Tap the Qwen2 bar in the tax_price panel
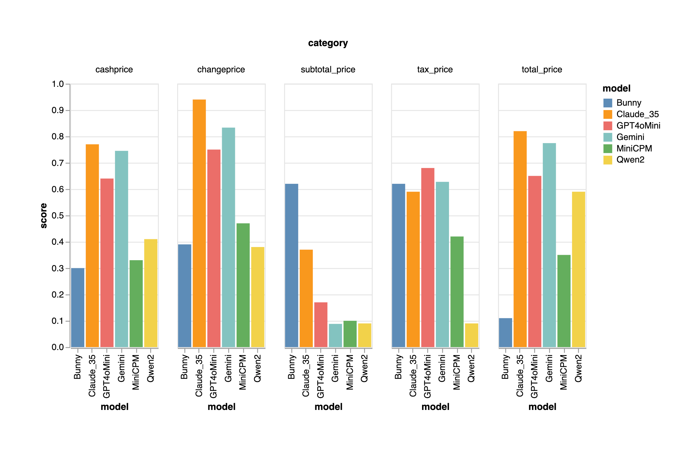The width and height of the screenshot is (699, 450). pos(471,335)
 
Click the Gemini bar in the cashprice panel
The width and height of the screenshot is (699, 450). pos(121,249)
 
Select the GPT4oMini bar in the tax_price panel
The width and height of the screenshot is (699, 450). pos(427,257)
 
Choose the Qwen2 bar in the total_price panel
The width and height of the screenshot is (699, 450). pos(578,269)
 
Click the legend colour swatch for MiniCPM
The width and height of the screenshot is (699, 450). pos(608,148)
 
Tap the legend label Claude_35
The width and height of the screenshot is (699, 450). pos(637,114)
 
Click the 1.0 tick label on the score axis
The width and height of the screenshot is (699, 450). pos(57,84)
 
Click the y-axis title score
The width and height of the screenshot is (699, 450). pos(44,215)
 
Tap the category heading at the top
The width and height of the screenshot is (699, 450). pos(328,43)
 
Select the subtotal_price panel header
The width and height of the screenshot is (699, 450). pos(328,69)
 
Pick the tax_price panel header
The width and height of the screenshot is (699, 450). pos(435,69)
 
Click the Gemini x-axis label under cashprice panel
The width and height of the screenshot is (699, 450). pos(121,368)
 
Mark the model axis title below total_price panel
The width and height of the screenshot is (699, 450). pos(542,407)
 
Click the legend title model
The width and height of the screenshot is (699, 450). pos(616,89)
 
